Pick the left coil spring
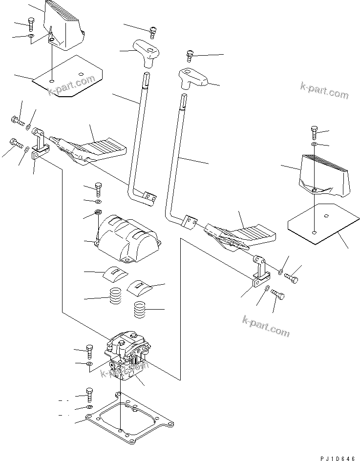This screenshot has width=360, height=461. click(x=116, y=296)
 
